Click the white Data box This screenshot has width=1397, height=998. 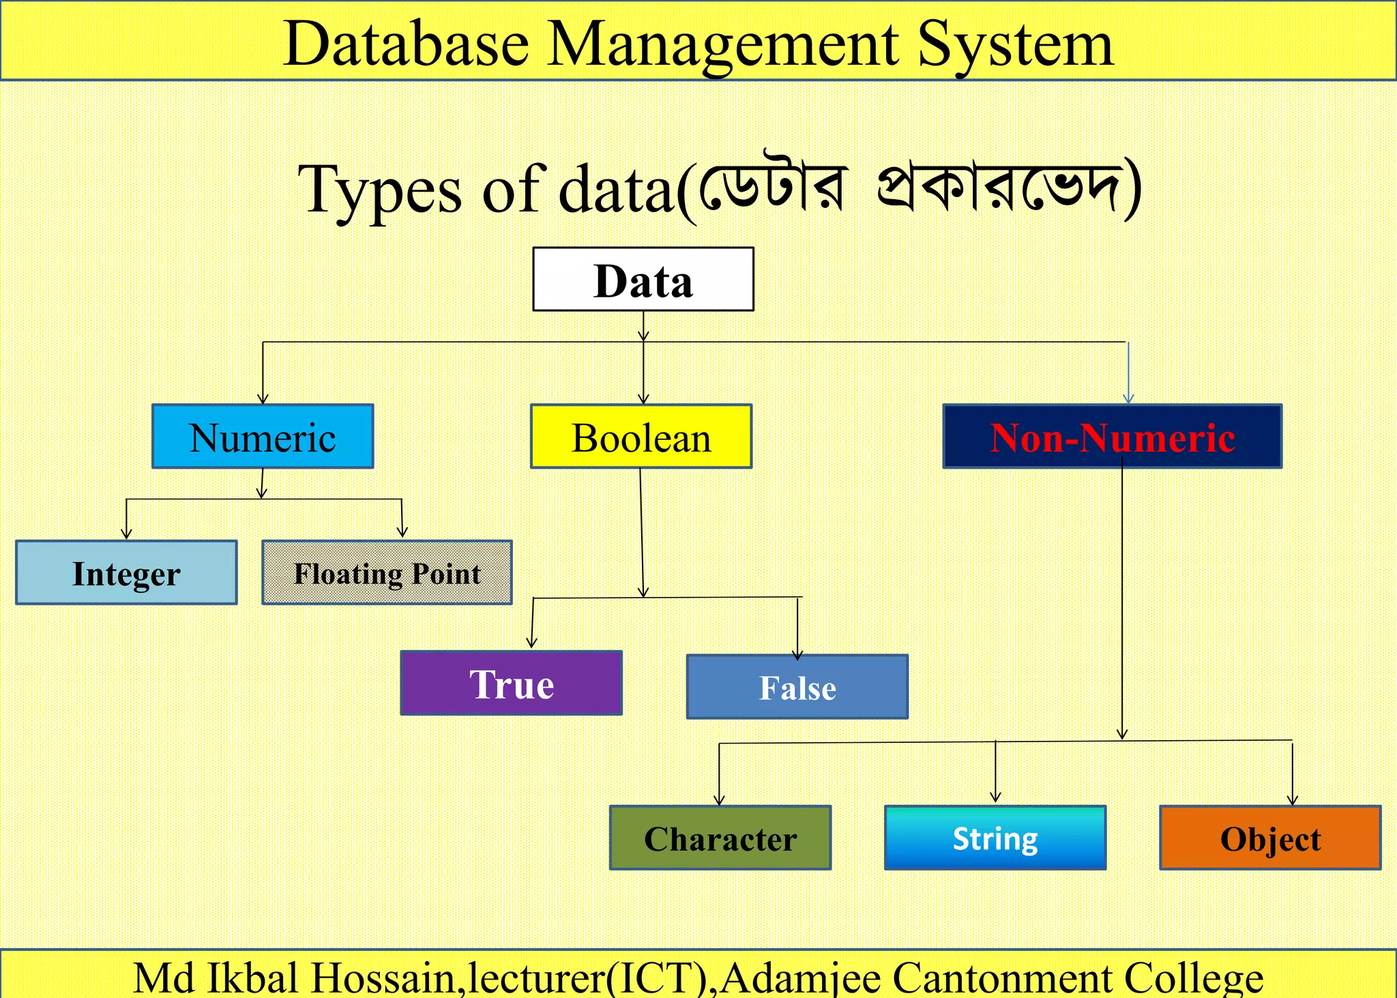click(x=643, y=279)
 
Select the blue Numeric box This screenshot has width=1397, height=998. click(x=263, y=437)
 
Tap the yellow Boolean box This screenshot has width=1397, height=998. click(x=641, y=437)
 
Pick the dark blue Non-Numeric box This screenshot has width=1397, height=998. click(x=1112, y=437)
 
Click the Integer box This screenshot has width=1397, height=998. click(x=126, y=573)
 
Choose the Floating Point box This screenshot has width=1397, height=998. click(x=387, y=573)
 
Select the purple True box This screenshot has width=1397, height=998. click(x=511, y=683)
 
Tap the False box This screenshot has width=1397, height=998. click(x=797, y=687)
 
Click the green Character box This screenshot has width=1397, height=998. click(x=720, y=838)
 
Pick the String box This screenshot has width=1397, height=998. click(x=995, y=838)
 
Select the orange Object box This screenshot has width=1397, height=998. click(x=1270, y=838)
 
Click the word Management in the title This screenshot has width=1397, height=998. click(x=723, y=44)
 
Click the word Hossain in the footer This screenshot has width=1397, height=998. click(x=383, y=978)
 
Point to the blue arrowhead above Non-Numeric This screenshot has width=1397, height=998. click(x=1128, y=398)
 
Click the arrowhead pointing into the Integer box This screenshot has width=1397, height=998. click(x=126, y=533)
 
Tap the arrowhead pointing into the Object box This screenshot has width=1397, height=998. click(x=1292, y=799)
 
